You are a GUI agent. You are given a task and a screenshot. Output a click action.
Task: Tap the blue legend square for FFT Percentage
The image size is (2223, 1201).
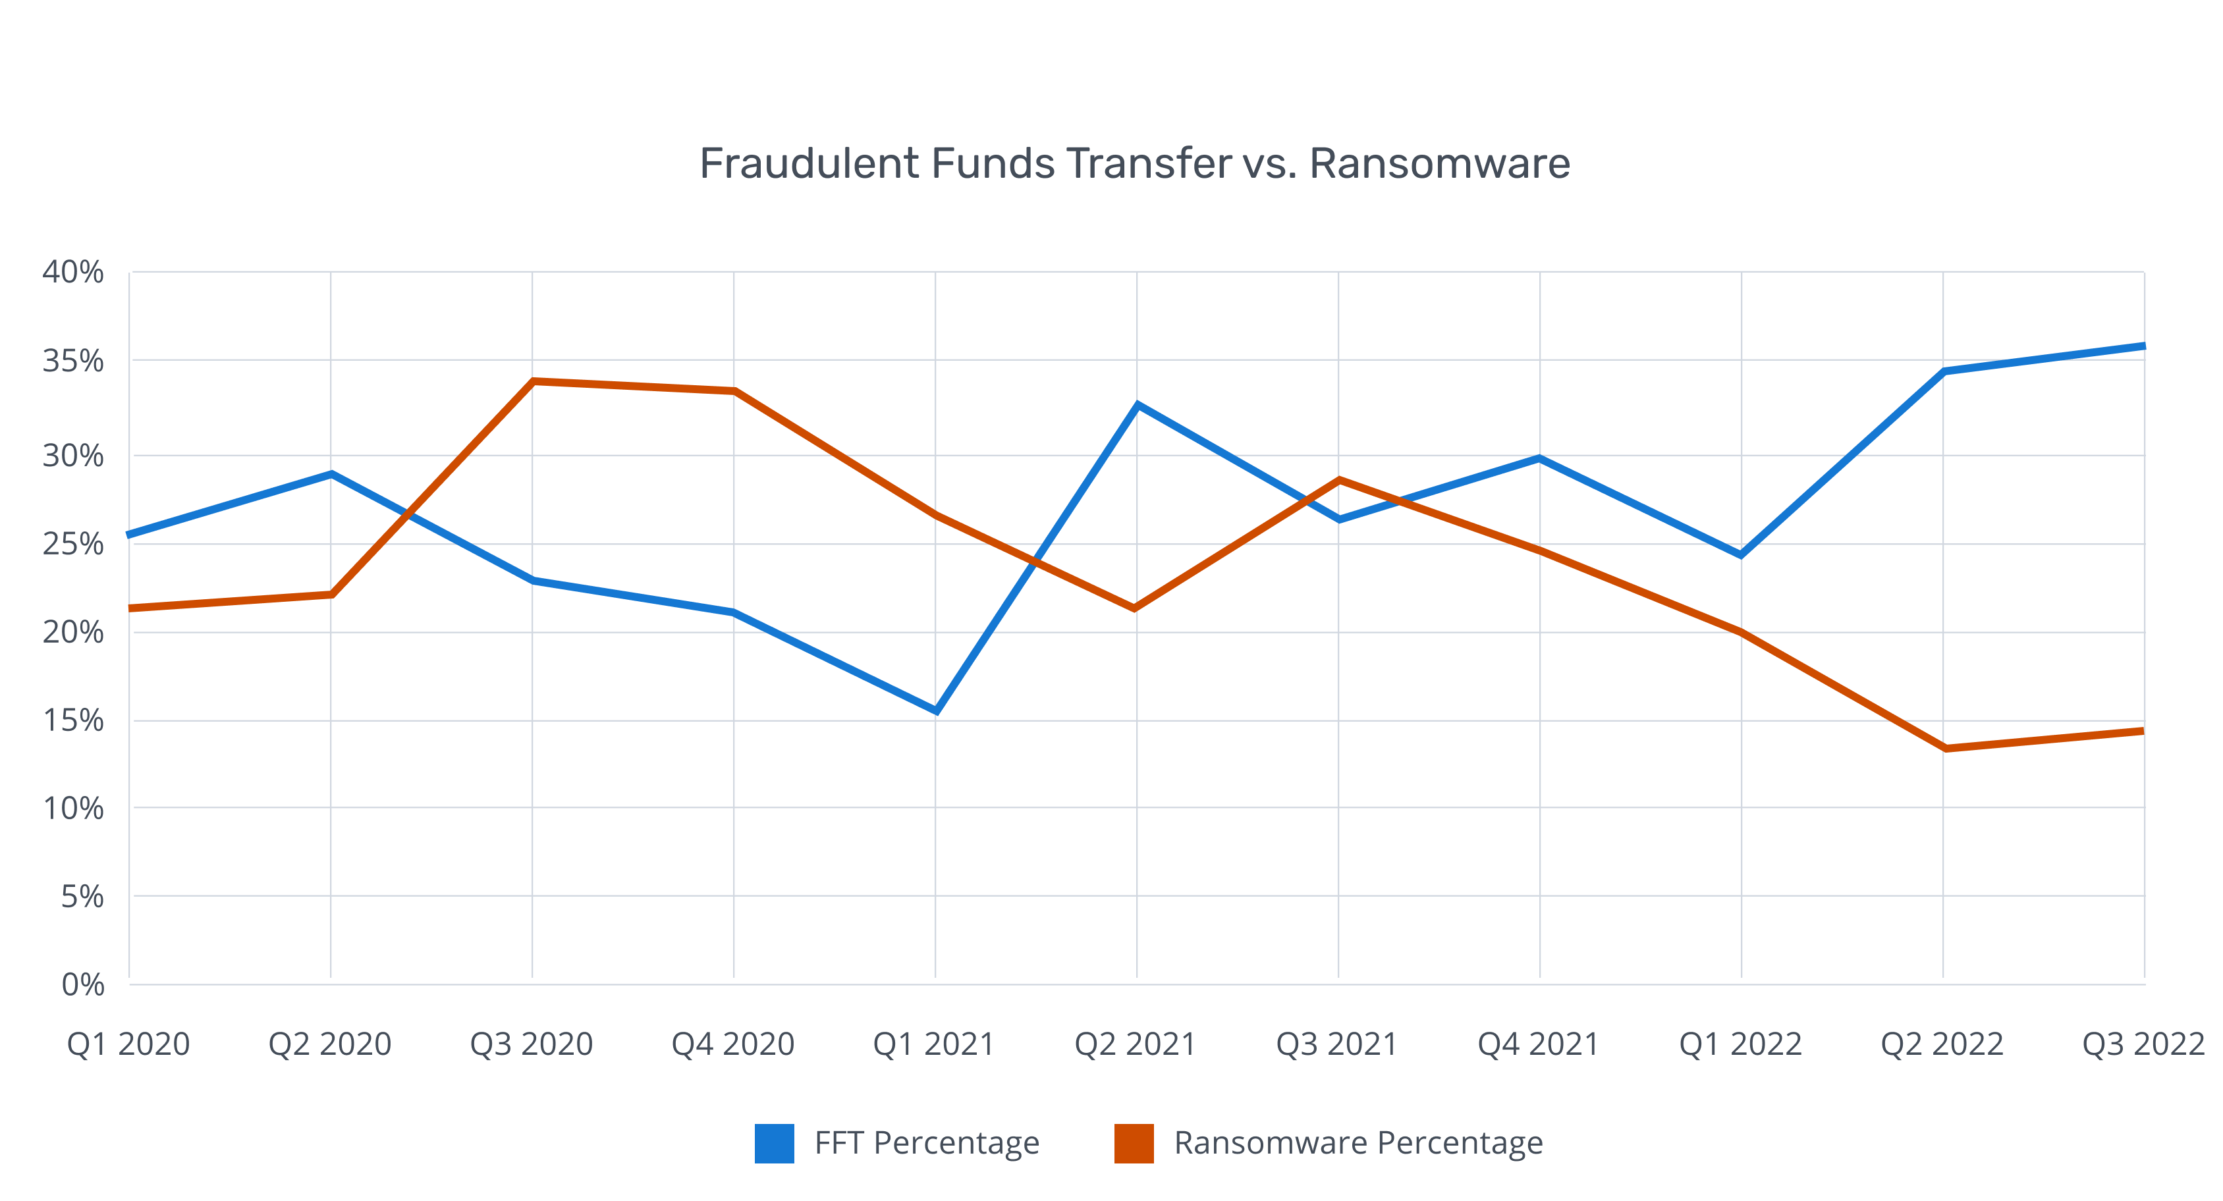click(x=774, y=1143)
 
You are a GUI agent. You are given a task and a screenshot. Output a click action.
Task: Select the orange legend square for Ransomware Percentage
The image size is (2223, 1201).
click(x=1133, y=1143)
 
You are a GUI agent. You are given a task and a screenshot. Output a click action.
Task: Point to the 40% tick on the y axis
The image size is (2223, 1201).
click(x=72, y=273)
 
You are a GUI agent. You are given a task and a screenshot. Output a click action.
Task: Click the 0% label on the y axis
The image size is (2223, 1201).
click(x=83, y=984)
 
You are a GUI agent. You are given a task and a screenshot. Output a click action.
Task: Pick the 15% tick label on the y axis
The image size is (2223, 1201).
click(x=72, y=720)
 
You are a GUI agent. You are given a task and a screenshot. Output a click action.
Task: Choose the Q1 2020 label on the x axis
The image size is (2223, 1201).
click(x=128, y=1044)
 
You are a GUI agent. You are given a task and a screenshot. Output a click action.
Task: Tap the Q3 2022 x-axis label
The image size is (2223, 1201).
click(x=2143, y=1044)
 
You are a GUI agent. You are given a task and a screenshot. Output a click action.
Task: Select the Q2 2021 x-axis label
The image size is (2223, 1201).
click(x=1135, y=1044)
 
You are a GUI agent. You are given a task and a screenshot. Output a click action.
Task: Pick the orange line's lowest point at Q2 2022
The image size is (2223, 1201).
click(x=1944, y=748)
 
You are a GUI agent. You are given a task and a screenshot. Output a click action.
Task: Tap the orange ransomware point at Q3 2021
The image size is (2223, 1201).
click(x=1338, y=480)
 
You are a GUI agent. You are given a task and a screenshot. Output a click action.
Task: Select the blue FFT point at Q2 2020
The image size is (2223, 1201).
click(x=331, y=473)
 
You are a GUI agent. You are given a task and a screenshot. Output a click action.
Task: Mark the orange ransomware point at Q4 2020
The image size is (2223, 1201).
click(x=734, y=391)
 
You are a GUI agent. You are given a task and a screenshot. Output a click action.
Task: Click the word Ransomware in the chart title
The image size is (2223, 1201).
click(x=1439, y=163)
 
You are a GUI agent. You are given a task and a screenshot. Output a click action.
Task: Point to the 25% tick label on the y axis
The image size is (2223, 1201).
click(x=72, y=544)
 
